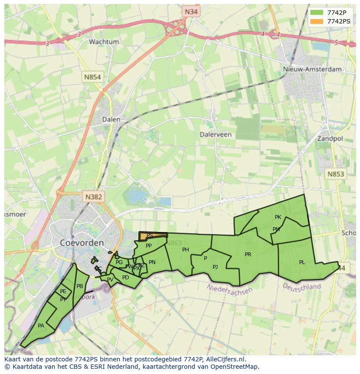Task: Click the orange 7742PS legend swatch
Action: point(317,21)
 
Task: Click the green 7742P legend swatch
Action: point(317,12)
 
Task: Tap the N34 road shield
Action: point(191,12)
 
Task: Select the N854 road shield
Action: point(92,77)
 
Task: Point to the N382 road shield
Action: point(93,197)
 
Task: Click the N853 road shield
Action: point(335,174)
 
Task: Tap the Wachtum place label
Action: point(104,42)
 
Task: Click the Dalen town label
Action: point(111,119)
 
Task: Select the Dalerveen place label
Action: point(216,135)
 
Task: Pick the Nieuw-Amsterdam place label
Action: point(312,69)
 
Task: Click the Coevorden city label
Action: point(82,243)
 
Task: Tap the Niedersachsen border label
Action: point(230,289)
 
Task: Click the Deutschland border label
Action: point(302,287)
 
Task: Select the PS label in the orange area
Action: point(150,235)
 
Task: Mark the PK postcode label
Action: point(278,217)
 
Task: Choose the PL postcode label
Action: point(302,262)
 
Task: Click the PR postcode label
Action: point(248,255)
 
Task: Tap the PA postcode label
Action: point(41,326)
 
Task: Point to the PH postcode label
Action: point(186,250)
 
